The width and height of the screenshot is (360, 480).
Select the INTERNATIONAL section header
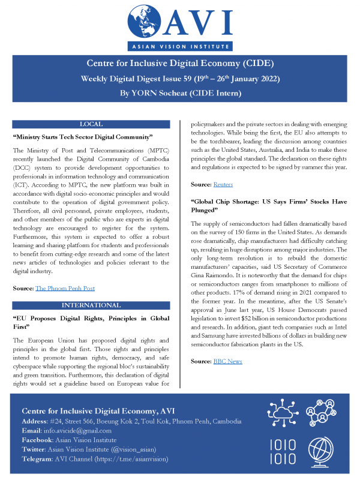tap(91, 305)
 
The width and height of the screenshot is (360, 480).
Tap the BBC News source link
tap(227, 361)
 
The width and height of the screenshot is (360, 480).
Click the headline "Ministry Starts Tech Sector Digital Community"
tap(84, 137)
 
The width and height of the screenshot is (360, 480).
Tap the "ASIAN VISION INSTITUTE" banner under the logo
tap(180, 47)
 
